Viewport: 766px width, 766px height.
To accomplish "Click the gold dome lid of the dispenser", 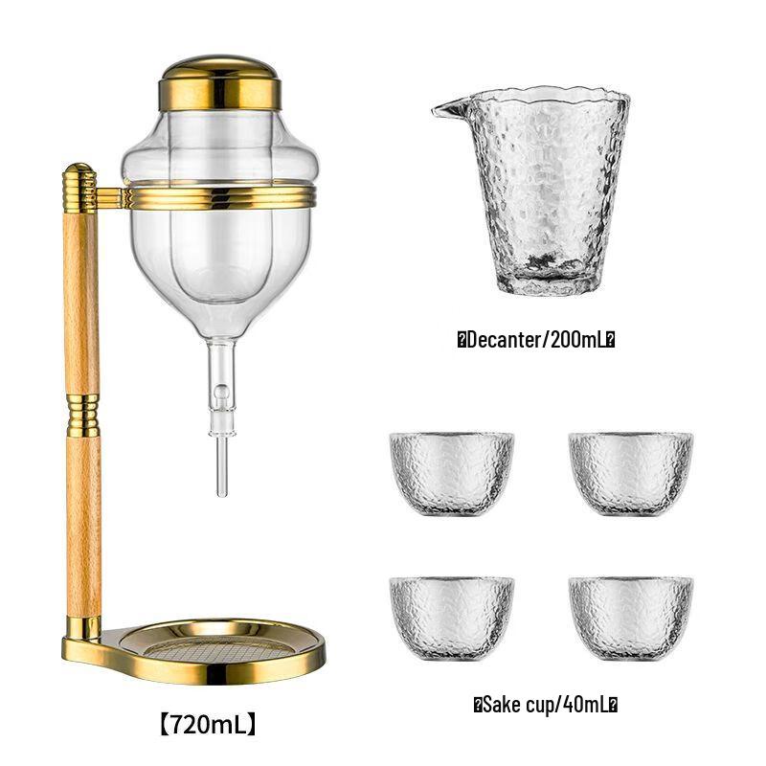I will coord(219,81).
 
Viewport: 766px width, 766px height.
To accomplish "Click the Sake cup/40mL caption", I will coord(545,705).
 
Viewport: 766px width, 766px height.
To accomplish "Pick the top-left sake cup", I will coord(452,473).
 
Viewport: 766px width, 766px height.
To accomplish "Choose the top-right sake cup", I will coord(630,473).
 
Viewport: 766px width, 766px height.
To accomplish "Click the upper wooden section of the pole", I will coord(81,297).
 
